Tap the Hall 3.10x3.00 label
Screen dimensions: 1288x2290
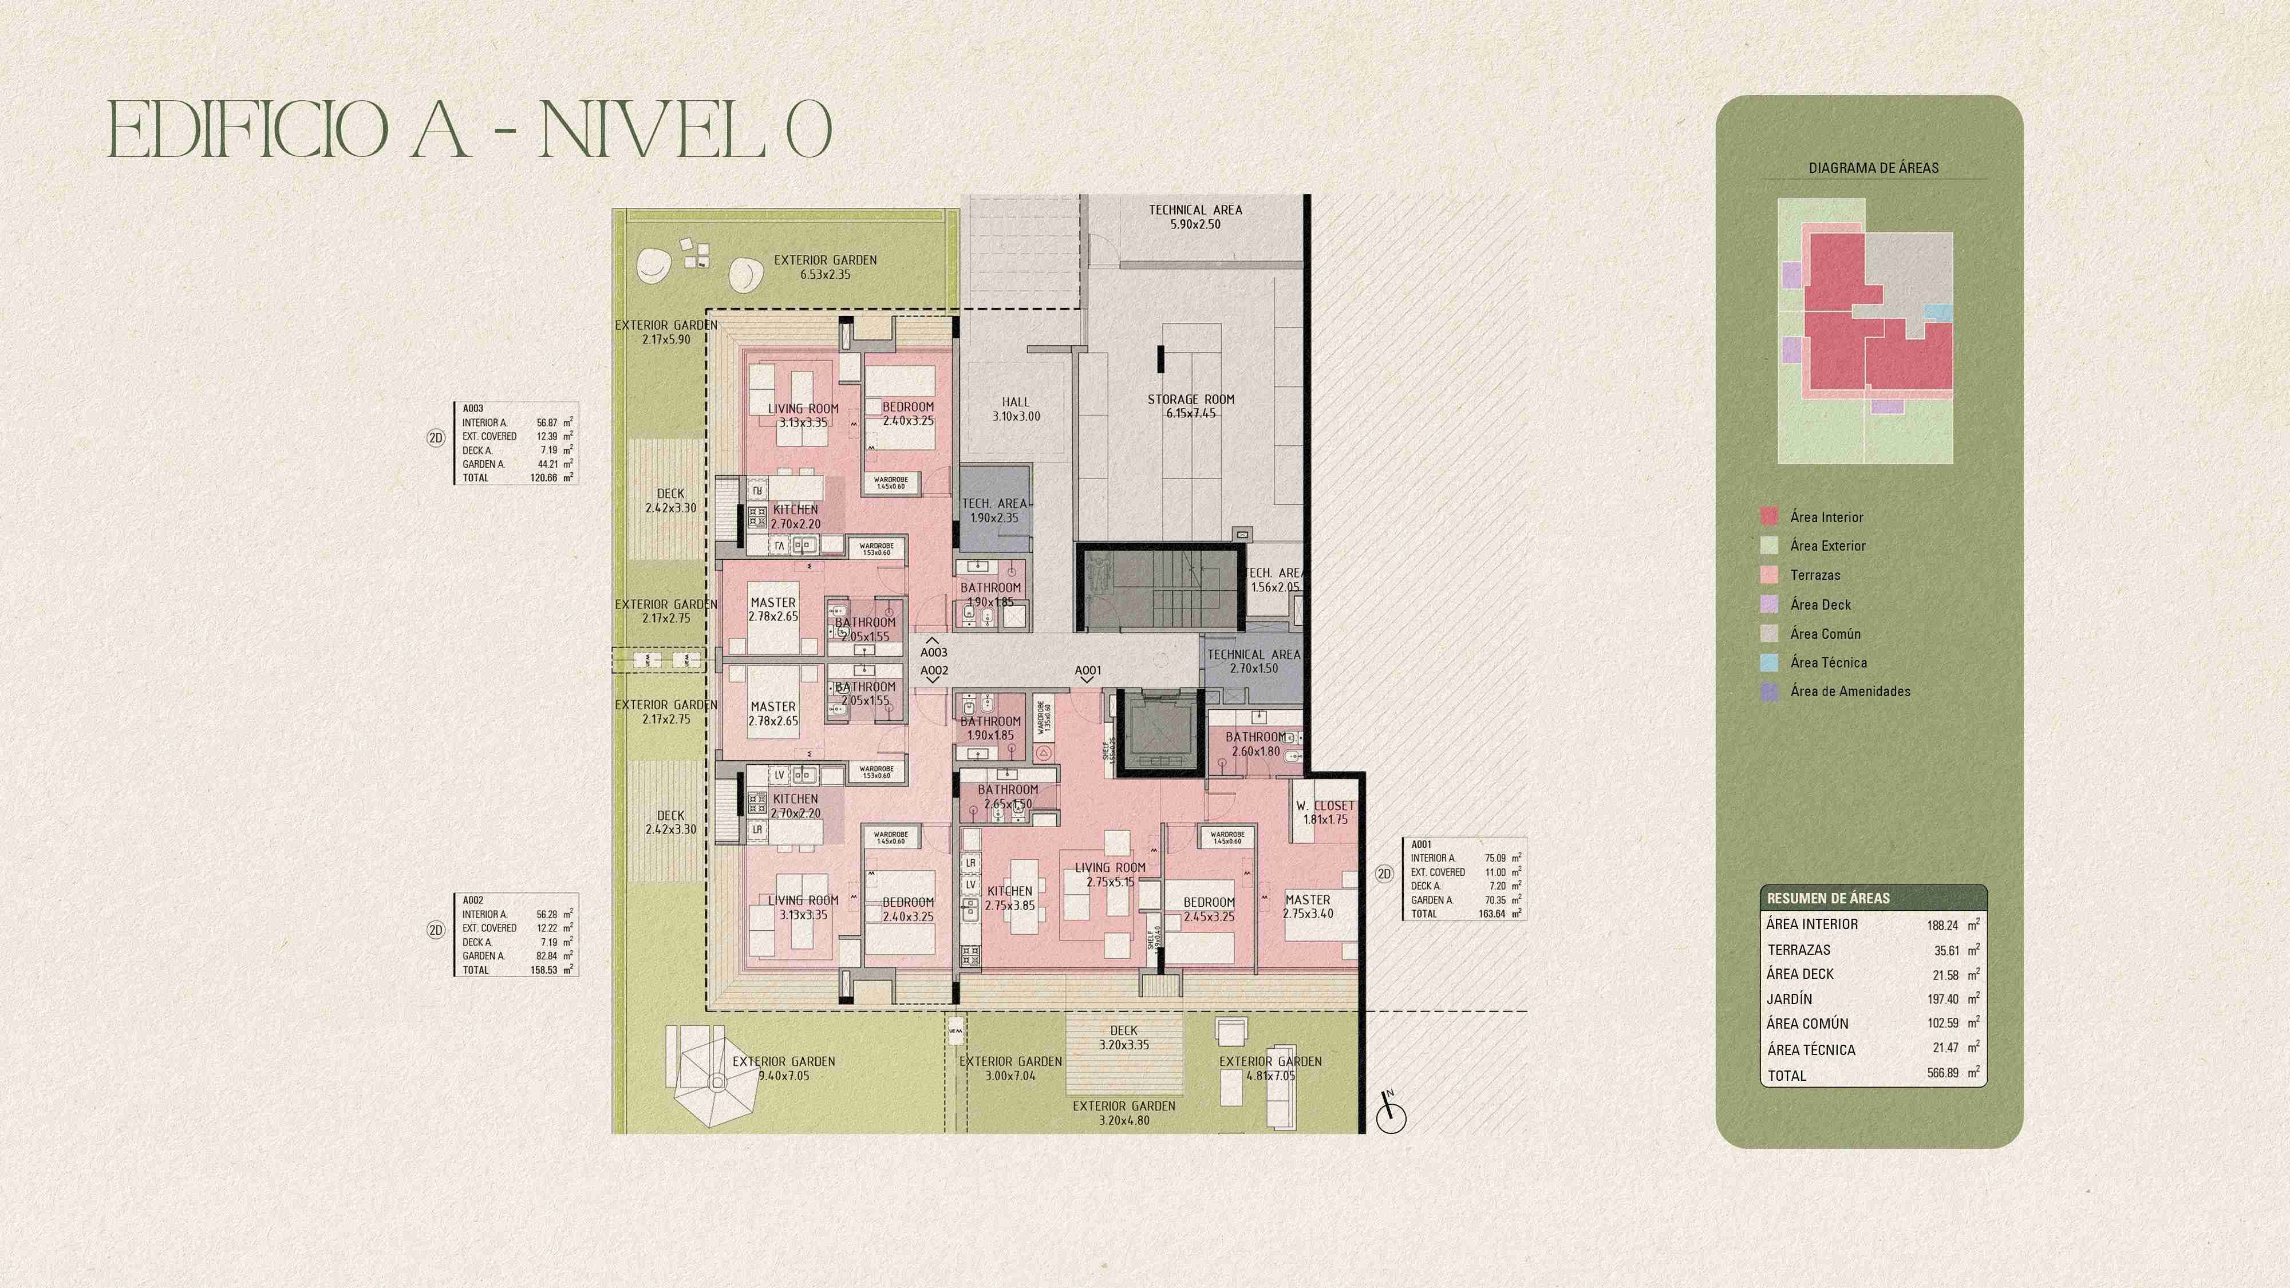tap(1015, 409)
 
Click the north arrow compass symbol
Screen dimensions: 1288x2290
tap(1391, 1115)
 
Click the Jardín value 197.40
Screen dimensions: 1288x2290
tap(1942, 999)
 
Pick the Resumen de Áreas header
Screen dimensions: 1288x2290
tap(1828, 898)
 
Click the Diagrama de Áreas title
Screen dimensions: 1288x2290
tap(1873, 167)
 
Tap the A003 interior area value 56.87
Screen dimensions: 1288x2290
tap(547, 423)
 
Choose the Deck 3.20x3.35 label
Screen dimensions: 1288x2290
tap(1124, 1037)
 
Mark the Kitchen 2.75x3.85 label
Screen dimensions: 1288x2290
tap(1010, 898)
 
